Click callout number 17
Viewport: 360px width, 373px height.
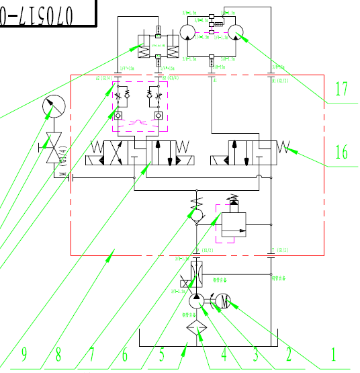click(x=341, y=88)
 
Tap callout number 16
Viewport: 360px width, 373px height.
click(x=341, y=152)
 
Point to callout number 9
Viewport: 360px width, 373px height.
click(x=24, y=354)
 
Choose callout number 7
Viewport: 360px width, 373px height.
click(x=92, y=354)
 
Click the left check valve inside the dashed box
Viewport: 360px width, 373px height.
click(x=117, y=116)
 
